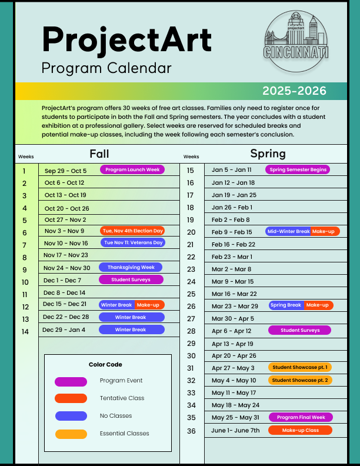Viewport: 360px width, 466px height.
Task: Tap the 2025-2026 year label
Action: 294,91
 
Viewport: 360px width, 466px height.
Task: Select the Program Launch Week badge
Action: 132,169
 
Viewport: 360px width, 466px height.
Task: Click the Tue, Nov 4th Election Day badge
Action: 132,231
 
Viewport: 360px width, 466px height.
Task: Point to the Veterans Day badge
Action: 132,242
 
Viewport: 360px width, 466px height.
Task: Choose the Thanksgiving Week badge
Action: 131,267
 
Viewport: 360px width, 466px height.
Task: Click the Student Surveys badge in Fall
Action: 131,279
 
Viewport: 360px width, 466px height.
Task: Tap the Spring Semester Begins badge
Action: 298,169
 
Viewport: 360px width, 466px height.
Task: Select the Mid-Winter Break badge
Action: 288,231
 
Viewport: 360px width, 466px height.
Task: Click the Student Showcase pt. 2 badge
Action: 300,380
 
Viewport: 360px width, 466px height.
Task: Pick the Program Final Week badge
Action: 301,417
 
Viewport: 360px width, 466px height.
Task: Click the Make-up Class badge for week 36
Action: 300,430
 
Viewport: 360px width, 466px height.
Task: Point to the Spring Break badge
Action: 286,305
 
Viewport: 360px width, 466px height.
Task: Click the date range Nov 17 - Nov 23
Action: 66,255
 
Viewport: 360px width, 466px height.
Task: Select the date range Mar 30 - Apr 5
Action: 233,318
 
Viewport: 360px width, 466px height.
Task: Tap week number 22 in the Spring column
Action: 191,257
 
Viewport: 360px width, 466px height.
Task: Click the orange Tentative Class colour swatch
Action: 71,398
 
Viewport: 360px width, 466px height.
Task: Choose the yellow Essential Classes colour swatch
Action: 71,434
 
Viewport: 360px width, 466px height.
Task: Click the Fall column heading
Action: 99,154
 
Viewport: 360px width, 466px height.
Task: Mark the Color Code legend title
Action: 105,365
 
